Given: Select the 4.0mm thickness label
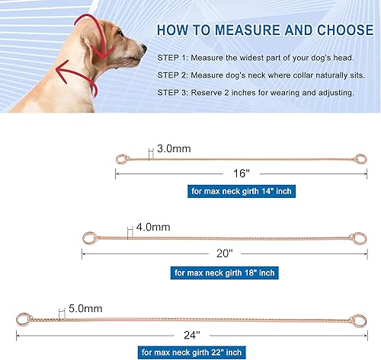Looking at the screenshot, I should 152,227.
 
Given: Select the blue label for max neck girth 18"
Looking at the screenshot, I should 225,272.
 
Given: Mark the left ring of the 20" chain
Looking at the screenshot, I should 88,239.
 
